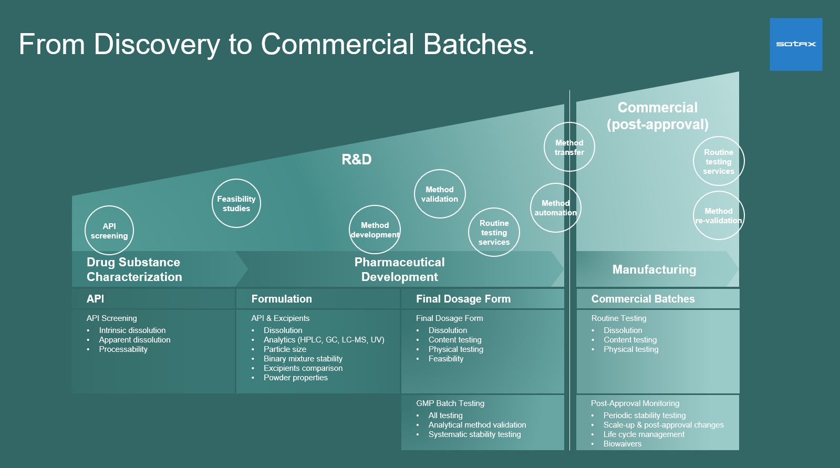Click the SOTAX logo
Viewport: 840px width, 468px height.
(x=796, y=44)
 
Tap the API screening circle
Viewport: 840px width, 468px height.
(x=109, y=231)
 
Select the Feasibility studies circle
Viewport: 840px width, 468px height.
(x=236, y=203)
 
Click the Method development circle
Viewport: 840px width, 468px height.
(x=375, y=230)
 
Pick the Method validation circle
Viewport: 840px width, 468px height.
(x=440, y=194)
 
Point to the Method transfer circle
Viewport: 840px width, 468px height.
(x=569, y=147)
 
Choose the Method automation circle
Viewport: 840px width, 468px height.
(x=555, y=208)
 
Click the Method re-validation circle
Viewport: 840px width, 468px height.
(x=718, y=215)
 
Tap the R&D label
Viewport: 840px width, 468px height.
(x=357, y=159)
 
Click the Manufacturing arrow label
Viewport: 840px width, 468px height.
(x=654, y=269)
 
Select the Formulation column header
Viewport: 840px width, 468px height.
(x=282, y=299)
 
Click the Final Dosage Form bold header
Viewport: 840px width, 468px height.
(x=463, y=299)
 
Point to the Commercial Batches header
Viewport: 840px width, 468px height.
(x=643, y=299)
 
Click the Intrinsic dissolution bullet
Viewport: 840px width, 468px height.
(x=132, y=330)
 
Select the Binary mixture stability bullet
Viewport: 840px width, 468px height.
(x=303, y=359)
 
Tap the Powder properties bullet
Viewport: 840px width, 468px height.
(x=296, y=378)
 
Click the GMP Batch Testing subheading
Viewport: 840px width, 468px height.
(x=450, y=403)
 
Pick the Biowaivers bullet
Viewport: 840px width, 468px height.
(x=623, y=444)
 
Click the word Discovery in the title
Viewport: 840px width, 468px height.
(x=157, y=44)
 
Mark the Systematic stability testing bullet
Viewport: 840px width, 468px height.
(x=475, y=434)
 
